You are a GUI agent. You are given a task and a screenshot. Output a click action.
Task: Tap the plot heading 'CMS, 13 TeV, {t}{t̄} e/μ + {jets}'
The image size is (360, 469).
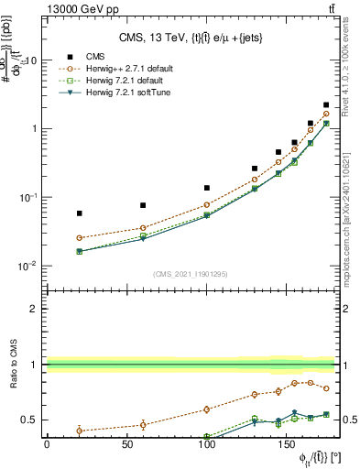click(x=192, y=38)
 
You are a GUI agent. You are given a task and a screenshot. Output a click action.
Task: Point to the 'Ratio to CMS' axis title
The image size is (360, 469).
click(x=12, y=365)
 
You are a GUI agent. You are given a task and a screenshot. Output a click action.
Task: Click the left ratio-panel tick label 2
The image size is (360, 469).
click(x=34, y=309)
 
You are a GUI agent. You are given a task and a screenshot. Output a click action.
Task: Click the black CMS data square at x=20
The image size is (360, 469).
click(x=79, y=213)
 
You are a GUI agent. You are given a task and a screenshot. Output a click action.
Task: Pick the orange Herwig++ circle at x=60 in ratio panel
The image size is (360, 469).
click(x=143, y=424)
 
